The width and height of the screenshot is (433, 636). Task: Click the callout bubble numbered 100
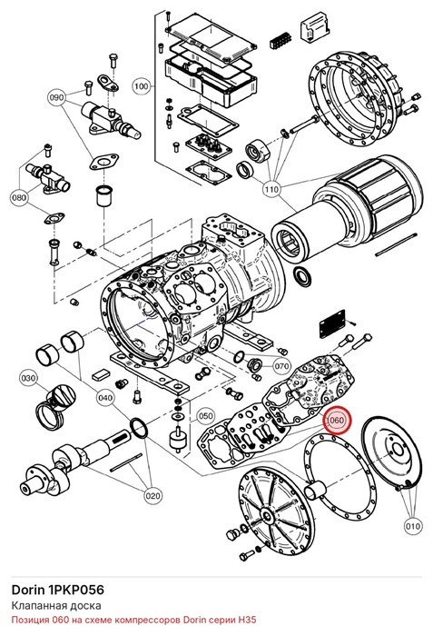tap(141, 86)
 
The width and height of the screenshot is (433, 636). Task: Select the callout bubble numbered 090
tap(57, 98)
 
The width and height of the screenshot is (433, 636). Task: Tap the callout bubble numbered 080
tap(19, 197)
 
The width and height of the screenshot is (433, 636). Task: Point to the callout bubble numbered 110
tap(271, 189)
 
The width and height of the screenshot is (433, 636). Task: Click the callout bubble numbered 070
tap(281, 367)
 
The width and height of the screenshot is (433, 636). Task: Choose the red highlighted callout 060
tap(336, 420)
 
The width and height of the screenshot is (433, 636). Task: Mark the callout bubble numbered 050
tap(205, 416)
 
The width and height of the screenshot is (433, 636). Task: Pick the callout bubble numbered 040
tap(105, 398)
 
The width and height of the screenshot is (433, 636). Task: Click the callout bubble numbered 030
tap(28, 379)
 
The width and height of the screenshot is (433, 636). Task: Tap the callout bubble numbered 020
tap(153, 496)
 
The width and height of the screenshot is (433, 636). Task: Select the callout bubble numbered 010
tap(412, 526)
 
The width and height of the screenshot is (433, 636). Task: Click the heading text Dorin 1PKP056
tap(57, 590)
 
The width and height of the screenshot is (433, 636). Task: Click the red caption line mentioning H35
tap(133, 620)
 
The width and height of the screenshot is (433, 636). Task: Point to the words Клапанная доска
tap(56, 606)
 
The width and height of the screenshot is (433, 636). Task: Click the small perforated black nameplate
tap(332, 323)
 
